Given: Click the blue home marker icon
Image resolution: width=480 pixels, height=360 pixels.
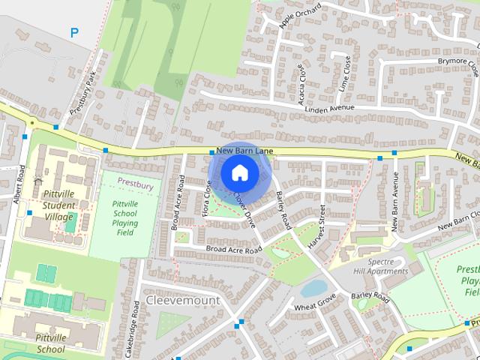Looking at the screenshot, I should [239, 172].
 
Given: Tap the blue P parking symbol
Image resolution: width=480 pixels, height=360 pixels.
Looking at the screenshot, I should [73, 32].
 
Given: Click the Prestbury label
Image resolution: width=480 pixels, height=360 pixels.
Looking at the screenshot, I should [135, 184].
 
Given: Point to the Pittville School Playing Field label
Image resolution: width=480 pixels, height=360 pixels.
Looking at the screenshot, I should [124, 217].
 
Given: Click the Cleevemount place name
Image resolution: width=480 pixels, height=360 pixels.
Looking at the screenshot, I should [183, 299].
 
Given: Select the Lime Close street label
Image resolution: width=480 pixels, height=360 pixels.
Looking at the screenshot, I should [346, 73].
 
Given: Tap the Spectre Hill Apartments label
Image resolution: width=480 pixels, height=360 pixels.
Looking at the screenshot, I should [381, 265].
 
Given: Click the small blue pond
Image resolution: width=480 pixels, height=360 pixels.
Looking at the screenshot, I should [313, 287].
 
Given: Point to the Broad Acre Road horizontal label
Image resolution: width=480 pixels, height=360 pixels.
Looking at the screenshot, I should [233, 248].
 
